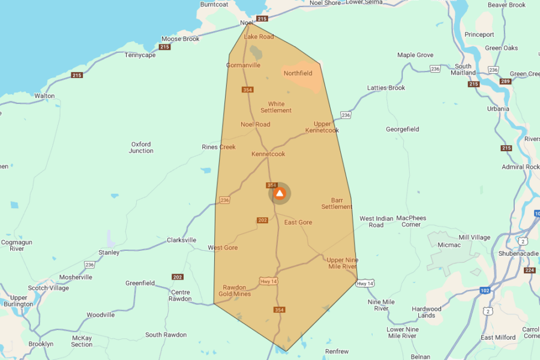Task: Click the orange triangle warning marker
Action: [279, 194]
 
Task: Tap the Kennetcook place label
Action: [268, 154]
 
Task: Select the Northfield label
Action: [298, 73]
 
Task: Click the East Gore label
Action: [298, 223]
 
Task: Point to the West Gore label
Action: [223, 248]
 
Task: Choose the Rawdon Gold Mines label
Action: [234, 290]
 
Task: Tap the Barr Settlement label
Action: [337, 203]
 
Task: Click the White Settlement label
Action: [276, 107]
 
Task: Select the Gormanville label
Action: [243, 65]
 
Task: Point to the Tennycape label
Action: [140, 55]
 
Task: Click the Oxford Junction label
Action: [141, 148]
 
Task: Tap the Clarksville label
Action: [181, 240]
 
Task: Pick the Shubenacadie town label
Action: [518, 253]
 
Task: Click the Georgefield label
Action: [403, 129]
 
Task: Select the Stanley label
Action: [109, 253]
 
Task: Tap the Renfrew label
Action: [337, 351]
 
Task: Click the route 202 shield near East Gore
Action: [262, 220]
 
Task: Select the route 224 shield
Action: [529, 270]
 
